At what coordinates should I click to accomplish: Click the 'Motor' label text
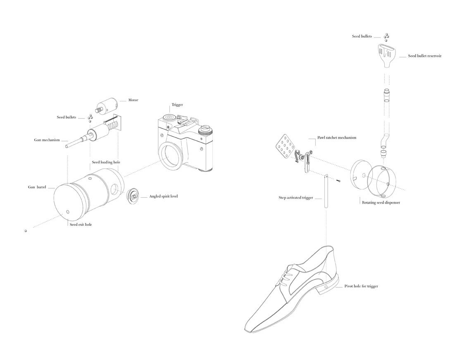(133, 100)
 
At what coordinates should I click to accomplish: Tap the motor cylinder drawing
(106, 106)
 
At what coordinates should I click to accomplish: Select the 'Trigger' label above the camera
(177, 105)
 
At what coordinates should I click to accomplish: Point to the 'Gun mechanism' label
(47, 140)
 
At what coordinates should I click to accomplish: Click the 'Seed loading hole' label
(106, 162)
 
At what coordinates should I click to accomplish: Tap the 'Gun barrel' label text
(37, 187)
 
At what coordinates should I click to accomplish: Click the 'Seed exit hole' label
(81, 225)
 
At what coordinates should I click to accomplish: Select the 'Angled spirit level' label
(163, 197)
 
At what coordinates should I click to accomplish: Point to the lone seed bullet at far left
(26, 231)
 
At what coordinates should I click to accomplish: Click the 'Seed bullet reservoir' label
(424, 56)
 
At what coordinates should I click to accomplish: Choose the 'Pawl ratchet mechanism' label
(336, 137)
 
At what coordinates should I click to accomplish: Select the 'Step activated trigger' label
(295, 198)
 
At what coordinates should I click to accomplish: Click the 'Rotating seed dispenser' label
(381, 203)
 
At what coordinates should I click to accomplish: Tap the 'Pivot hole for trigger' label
(361, 286)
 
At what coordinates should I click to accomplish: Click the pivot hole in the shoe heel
(326, 287)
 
